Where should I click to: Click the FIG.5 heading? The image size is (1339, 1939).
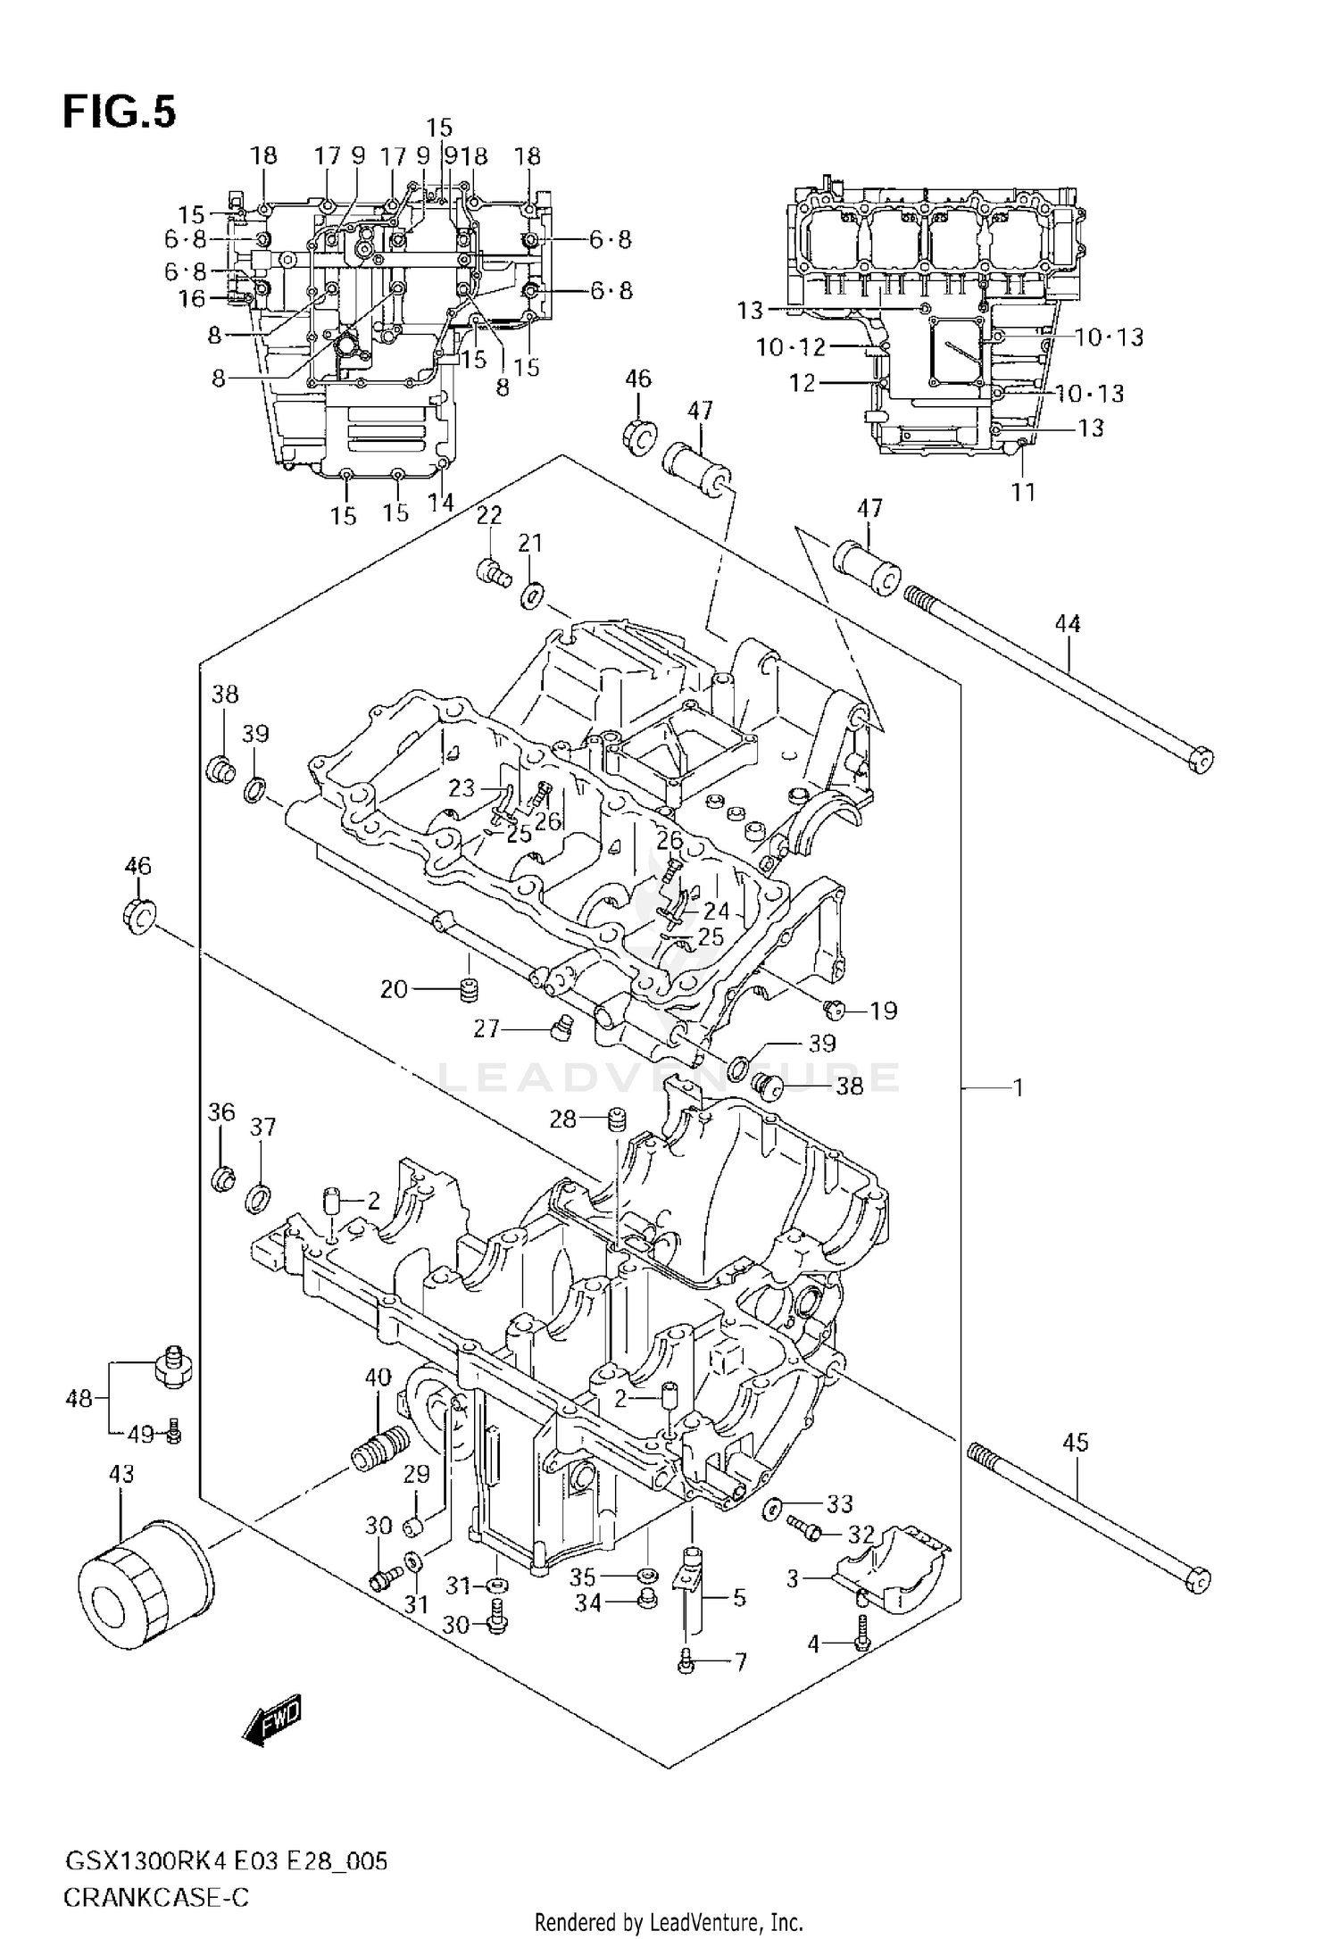point(119,114)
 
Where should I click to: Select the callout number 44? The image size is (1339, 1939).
point(1068,624)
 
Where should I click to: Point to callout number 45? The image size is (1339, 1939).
point(1077,1443)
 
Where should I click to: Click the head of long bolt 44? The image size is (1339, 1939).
point(1202,760)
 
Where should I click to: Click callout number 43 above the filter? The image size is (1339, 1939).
point(121,1474)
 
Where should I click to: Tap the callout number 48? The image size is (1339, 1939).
point(79,1399)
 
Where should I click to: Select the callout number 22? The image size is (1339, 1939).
point(488,515)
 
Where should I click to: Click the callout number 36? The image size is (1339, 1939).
point(221,1112)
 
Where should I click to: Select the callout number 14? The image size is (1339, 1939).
point(441,503)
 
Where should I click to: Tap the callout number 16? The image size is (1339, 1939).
point(192,298)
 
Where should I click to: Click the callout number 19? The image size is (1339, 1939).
point(883,1011)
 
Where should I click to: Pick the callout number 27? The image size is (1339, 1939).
point(487,1029)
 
